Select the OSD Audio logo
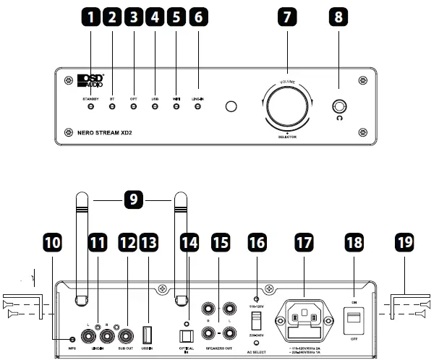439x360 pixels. tap(91, 80)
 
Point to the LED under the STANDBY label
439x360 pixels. tap(91, 108)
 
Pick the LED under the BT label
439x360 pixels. tap(112, 108)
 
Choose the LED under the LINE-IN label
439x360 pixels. tap(197, 108)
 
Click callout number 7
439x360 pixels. tap(287, 20)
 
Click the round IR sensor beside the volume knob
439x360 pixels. tap(230, 108)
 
